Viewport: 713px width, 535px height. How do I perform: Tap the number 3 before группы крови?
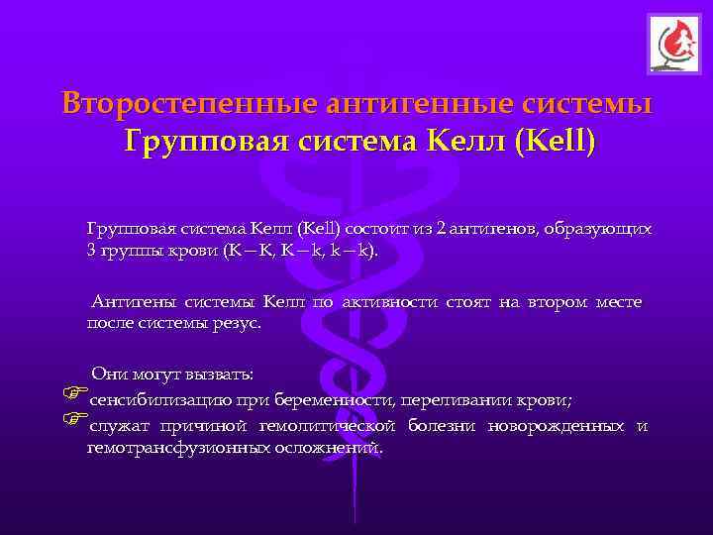pyautogui.click(x=91, y=251)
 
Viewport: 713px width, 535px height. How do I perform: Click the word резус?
pyautogui.click(x=238, y=323)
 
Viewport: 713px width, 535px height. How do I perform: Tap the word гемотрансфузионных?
pyautogui.click(x=163, y=448)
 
